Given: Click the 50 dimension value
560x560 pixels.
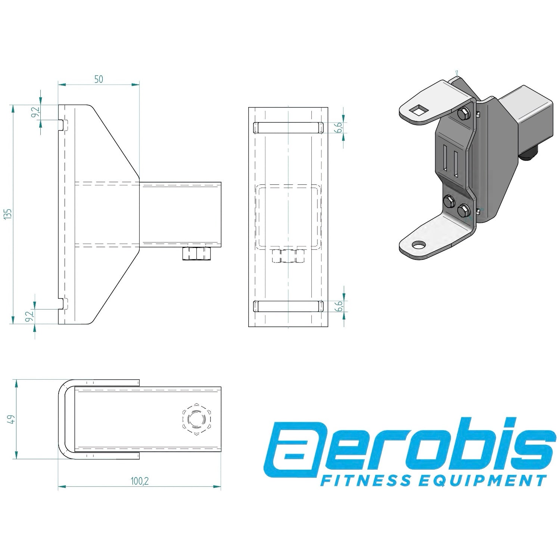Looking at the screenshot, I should [99, 79].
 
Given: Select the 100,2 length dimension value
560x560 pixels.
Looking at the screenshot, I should [140, 481].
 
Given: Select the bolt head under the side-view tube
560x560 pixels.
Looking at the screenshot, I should [196, 254].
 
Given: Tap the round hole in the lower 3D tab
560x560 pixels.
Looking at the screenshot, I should [419, 245].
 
